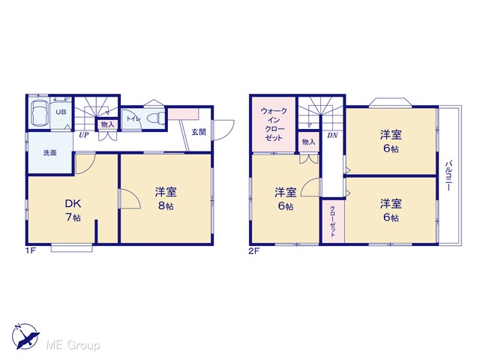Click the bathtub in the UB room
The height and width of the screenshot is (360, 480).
coord(40,113)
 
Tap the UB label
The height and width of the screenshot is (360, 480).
coord(61,112)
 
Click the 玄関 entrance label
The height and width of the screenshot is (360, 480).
coord(199,132)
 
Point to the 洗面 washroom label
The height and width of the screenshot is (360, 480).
coord(50,152)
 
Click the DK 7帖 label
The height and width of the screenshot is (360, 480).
coord(73,210)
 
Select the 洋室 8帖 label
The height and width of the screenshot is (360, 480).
coord(166,199)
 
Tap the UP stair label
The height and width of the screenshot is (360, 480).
coord(83,135)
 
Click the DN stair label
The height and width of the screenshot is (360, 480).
coord(332,135)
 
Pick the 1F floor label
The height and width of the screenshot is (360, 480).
coord(31,251)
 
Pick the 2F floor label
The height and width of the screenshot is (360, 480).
coord(253,251)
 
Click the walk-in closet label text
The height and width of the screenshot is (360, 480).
coord(274,124)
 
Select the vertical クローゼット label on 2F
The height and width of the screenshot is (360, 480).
coord(333,221)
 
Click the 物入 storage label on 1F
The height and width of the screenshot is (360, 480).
coord(107,124)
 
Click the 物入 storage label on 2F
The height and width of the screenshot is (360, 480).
coord(308,142)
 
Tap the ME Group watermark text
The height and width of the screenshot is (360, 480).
coord(73,345)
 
